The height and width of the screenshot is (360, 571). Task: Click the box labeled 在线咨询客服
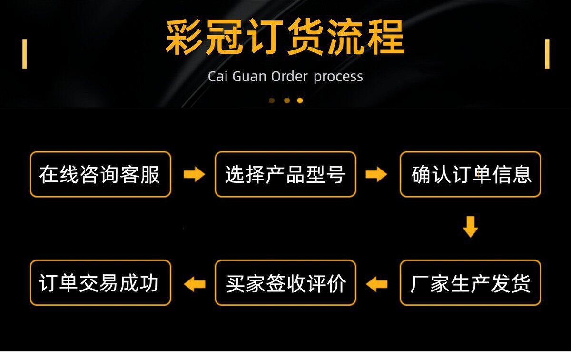[x=100, y=174]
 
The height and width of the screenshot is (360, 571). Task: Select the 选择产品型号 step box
[x=285, y=174]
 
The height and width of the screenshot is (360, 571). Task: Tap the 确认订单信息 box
[x=470, y=174]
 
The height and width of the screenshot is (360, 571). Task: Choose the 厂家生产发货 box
[x=470, y=283]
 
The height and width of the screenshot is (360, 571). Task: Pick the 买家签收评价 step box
[x=285, y=283]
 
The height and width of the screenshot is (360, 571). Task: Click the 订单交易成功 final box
[x=100, y=283]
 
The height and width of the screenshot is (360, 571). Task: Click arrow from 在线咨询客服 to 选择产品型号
[x=194, y=174]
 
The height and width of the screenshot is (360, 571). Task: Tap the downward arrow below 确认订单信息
[x=470, y=227]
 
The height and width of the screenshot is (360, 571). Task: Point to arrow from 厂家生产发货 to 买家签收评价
[x=377, y=284]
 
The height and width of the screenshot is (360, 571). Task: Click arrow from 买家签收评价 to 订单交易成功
[x=194, y=284]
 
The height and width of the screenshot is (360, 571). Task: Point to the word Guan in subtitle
[x=249, y=76]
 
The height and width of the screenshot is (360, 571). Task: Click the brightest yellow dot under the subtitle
[x=300, y=100]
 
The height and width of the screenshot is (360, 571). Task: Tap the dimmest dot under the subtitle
[x=272, y=100]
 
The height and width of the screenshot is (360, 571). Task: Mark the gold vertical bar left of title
[x=25, y=53]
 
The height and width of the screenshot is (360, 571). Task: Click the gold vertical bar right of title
[x=547, y=53]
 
